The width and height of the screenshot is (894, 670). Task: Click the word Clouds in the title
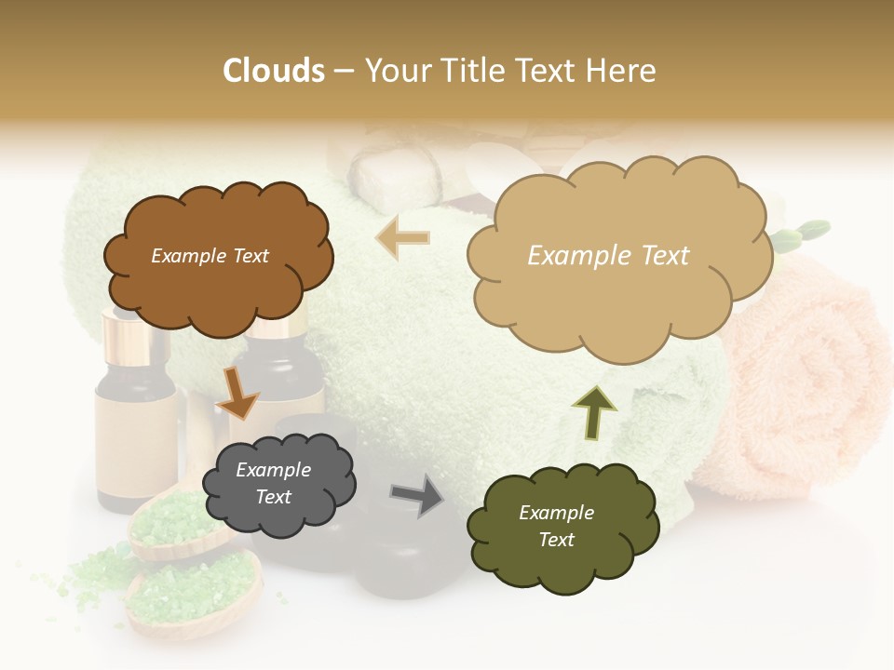(274, 71)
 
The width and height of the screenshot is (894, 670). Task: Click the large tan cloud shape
(619, 288)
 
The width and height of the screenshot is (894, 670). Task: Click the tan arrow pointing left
(402, 237)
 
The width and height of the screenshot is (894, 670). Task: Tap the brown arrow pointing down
(237, 392)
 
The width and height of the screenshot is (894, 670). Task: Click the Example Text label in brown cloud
(210, 256)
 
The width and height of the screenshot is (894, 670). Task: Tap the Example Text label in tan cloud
(609, 256)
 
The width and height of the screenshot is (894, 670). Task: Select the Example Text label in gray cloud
(274, 484)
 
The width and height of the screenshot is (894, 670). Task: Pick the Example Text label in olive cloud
(557, 526)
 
